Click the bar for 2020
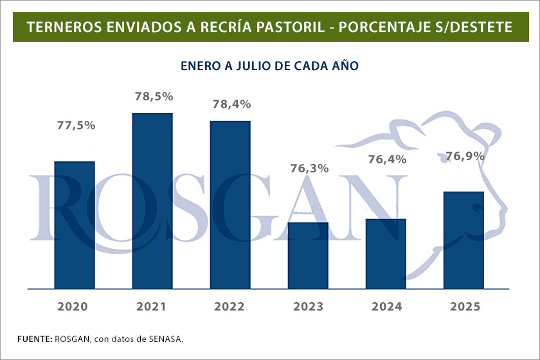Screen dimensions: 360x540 pos(75,225)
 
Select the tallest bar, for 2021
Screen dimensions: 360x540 pos(152,201)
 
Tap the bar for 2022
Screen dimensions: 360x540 pos(230,205)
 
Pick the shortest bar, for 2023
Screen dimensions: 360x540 pos(308,256)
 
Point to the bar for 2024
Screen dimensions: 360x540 pos(386,254)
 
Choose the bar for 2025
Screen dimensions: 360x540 pos(464,240)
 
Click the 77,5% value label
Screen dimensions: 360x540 pos(76,126)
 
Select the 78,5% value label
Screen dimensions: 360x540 pos(154,96)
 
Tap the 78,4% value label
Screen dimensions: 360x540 pos(231,104)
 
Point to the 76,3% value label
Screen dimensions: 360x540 pos(309,168)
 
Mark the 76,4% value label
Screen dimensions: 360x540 pos(387,159)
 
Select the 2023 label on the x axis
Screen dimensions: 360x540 pos(308,307)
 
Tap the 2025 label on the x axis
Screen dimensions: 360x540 pos(464,307)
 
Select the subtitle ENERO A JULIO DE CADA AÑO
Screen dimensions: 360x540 pos(269,66)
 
